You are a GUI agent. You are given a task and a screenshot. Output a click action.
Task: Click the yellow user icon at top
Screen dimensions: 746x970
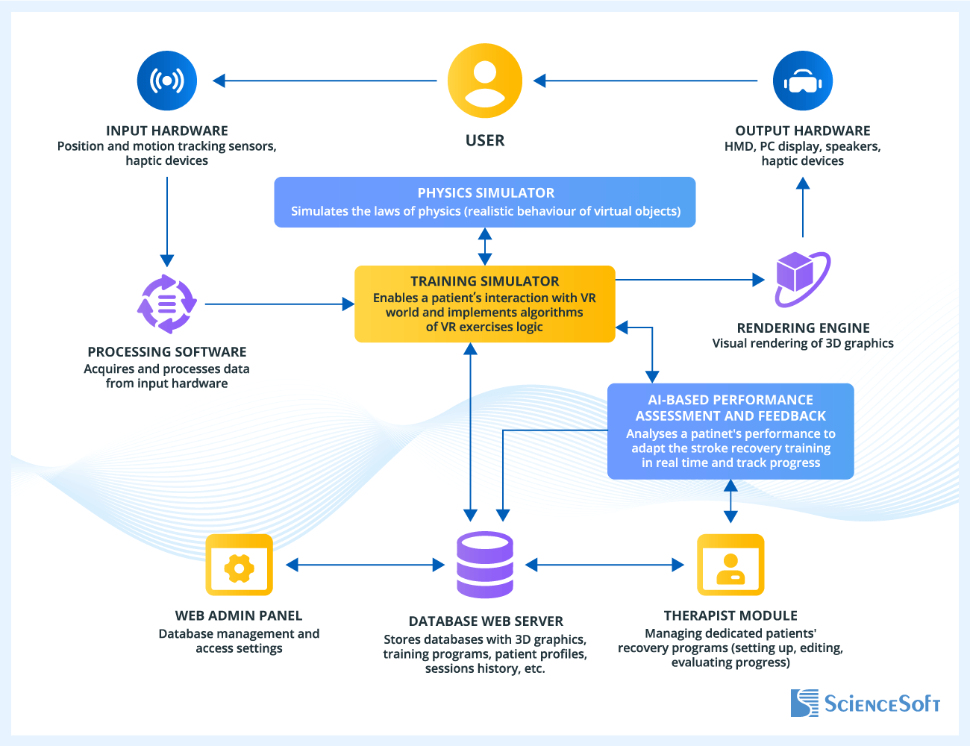485,81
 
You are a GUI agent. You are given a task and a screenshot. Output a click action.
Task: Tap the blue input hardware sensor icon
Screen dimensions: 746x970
167,81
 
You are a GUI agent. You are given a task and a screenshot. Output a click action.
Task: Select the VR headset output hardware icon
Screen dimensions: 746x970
803,81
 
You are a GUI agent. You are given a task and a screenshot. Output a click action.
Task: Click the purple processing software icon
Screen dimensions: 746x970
167,304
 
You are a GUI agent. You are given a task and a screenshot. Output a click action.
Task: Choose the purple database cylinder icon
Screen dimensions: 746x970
485,565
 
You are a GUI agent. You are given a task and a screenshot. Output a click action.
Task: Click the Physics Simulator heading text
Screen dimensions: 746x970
485,192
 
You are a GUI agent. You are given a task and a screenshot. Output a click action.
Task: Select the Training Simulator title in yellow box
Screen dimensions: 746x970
485,281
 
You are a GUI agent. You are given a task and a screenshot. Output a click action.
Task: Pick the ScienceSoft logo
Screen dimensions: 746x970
866,703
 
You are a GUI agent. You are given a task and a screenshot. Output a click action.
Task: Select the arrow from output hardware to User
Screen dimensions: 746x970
645,81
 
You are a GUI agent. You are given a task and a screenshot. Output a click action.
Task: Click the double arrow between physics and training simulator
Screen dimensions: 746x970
485,247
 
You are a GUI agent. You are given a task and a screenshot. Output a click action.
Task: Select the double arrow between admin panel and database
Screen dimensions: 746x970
366,565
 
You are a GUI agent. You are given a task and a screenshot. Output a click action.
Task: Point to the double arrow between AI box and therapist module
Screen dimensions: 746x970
730,501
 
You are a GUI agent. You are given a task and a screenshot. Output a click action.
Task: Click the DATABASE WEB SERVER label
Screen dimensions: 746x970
485,621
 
